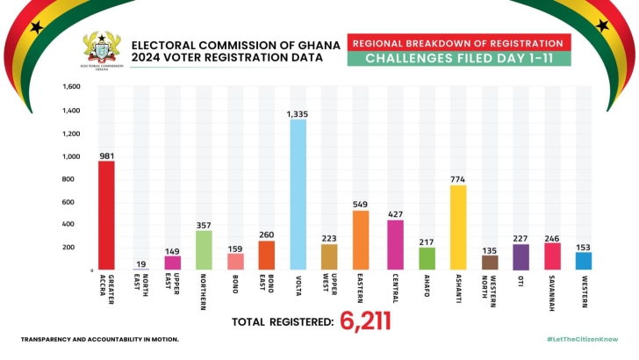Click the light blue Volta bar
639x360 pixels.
click(298, 194)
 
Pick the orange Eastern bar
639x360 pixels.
click(361, 240)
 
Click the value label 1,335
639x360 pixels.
click(298, 113)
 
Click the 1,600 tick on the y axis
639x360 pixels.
click(73, 87)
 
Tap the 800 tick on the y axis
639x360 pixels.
click(75, 179)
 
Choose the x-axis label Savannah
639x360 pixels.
click(553, 290)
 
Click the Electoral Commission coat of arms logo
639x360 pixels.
click(102, 49)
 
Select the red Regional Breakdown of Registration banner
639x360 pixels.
click(459, 43)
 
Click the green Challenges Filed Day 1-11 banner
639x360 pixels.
click(459, 60)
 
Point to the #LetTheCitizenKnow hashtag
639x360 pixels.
click(582, 339)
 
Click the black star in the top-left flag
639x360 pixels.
click(36, 27)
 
